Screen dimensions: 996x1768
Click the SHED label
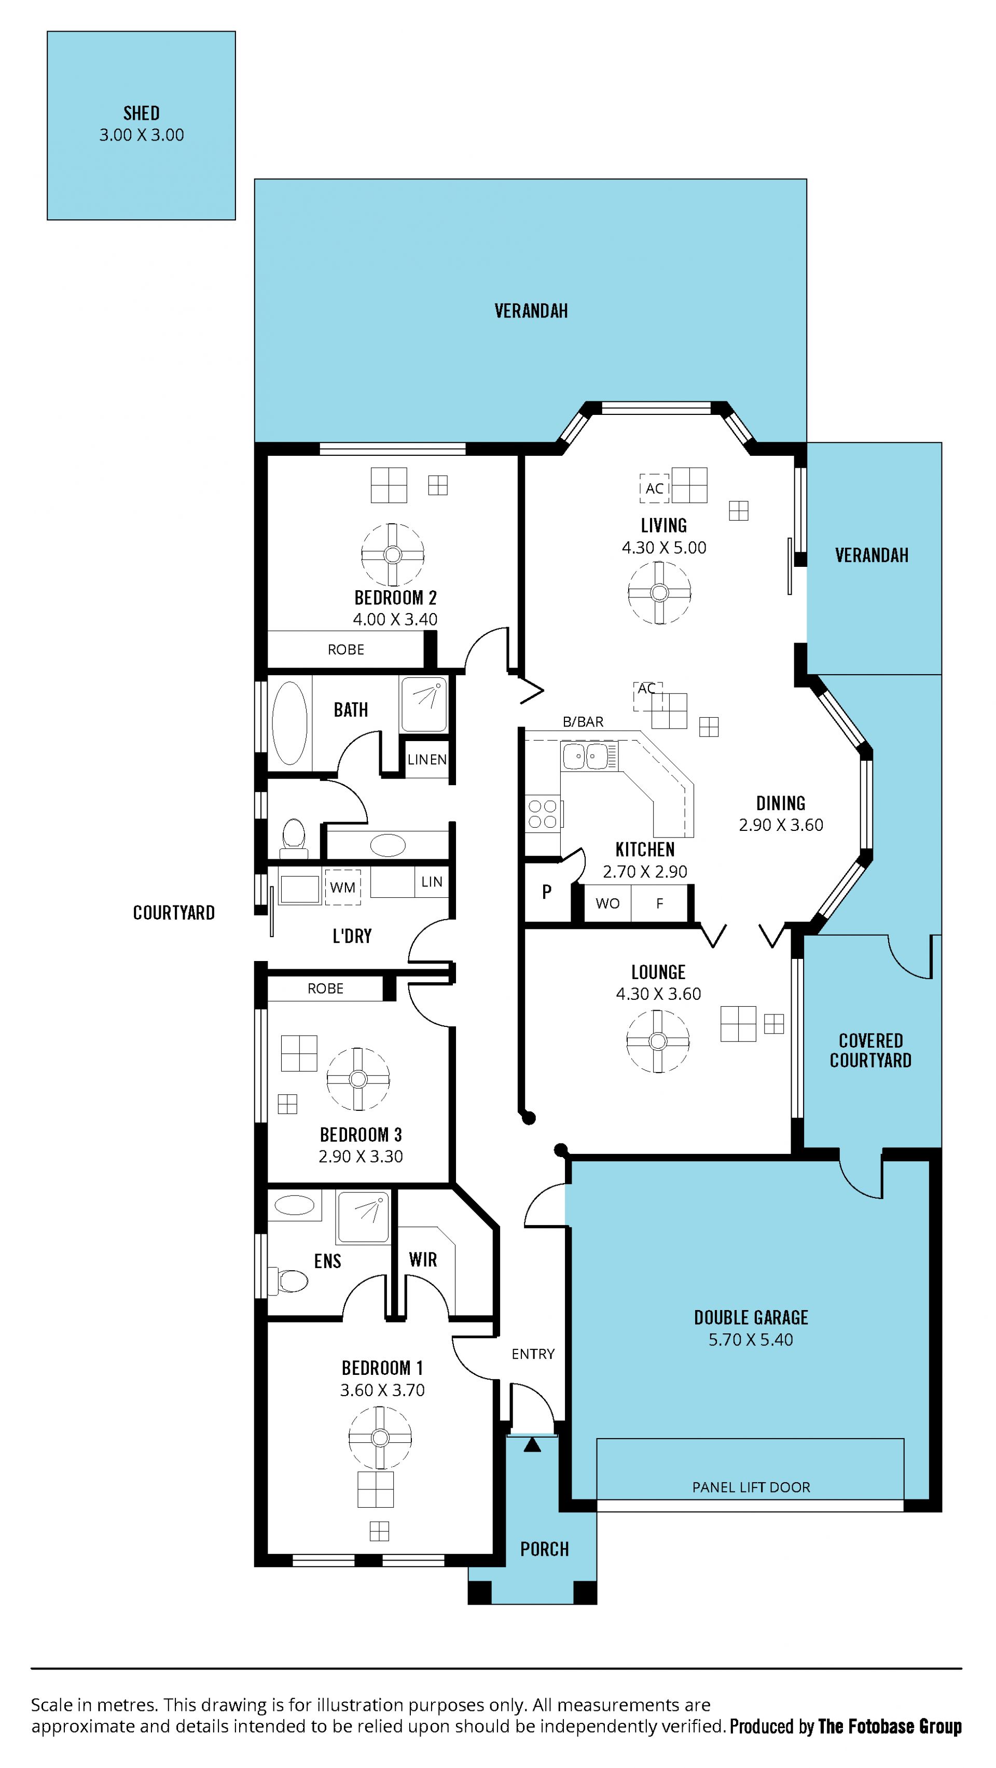pos(142,113)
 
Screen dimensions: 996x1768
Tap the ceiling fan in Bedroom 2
pos(393,554)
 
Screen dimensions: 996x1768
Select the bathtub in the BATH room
pos(289,723)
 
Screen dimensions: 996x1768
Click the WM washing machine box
pos(342,887)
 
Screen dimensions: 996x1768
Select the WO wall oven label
pos(607,903)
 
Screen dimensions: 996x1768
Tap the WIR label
pos(423,1259)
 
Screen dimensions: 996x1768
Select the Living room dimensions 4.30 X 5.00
pos(664,548)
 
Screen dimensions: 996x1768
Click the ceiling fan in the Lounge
pos(658,1041)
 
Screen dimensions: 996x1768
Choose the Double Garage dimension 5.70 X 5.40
pos(751,1340)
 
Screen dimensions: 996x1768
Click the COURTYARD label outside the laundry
pos(174,913)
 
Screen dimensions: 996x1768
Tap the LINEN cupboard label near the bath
pos(427,759)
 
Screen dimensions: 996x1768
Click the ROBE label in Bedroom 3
pos(325,989)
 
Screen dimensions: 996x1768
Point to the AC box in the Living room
pos(654,488)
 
